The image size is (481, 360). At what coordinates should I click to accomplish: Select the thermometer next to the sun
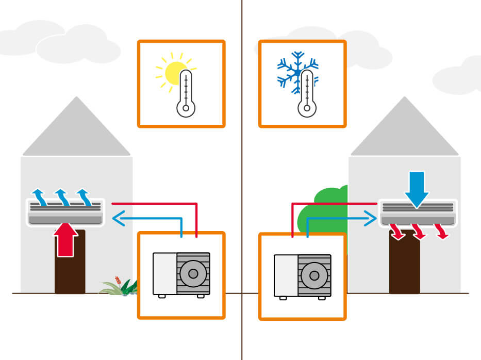point(186,94)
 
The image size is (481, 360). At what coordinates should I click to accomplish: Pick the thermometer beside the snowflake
point(307,94)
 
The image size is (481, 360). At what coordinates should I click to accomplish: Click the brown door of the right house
point(404,268)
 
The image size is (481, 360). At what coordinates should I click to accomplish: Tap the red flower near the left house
point(119,282)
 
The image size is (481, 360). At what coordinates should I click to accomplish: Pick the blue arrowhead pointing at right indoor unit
point(371,219)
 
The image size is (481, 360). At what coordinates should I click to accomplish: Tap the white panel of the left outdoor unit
point(165,273)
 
